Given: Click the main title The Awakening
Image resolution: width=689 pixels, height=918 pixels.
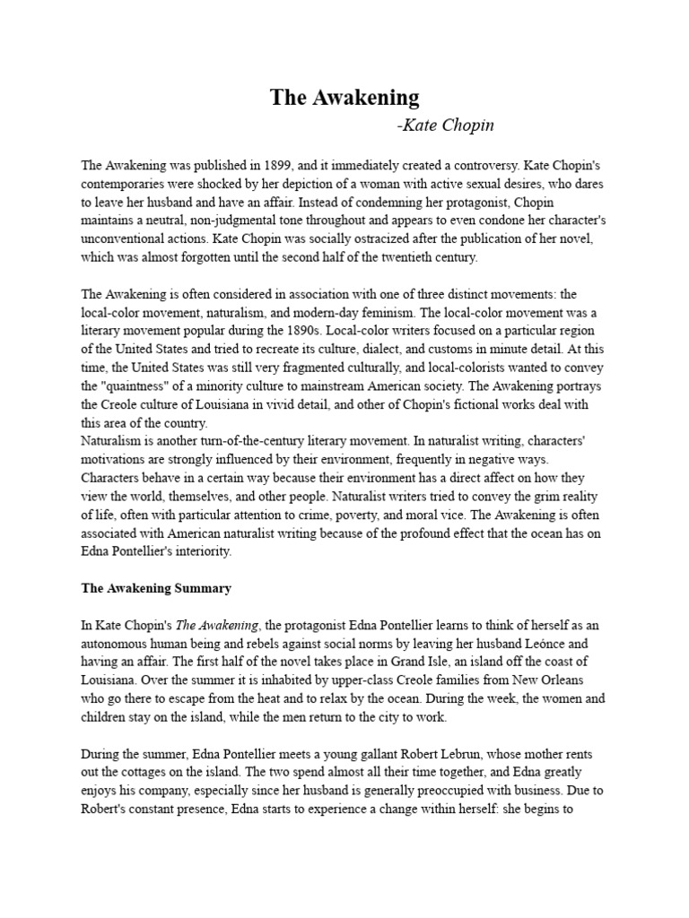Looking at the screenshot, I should click(344, 98).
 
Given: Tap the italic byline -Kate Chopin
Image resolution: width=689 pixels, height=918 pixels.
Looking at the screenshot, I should click(445, 125).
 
